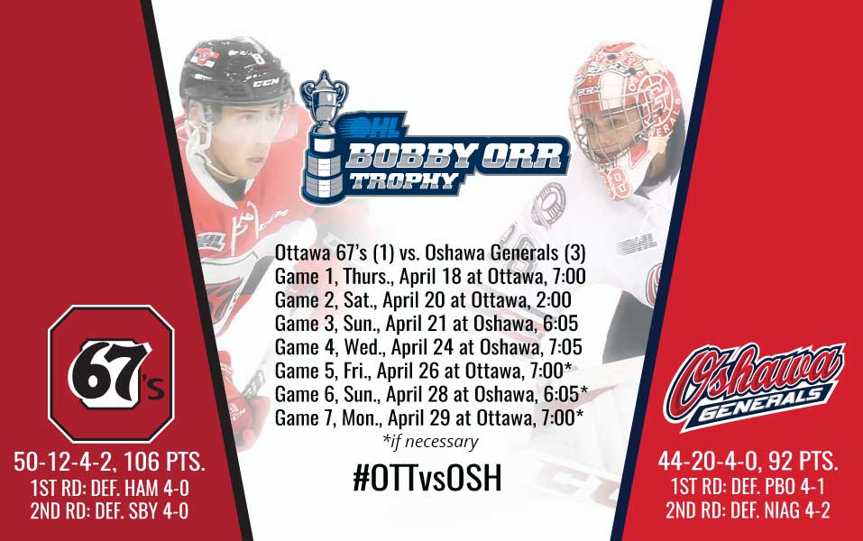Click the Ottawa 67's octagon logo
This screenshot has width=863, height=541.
pos(111,373)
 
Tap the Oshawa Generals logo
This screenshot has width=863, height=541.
pos(754,385)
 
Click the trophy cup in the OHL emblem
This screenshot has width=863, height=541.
pos(324,137)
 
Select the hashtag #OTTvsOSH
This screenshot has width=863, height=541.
pos(427,478)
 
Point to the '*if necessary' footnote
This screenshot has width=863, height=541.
pos(430,442)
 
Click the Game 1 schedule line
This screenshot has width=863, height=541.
pos(430,276)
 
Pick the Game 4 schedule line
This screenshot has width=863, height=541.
pos(428,347)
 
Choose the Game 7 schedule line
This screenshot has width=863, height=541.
pos(428,418)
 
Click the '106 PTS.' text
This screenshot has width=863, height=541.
pos(164,462)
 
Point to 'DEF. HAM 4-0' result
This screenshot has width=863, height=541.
pos(142,488)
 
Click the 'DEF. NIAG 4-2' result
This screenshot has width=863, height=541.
pos(779,510)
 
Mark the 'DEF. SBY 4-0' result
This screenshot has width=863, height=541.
pos(142,511)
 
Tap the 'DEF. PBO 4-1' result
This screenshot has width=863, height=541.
pos(776,487)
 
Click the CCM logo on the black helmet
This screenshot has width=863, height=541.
pos(266,83)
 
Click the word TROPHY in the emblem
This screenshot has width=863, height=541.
pos(404,181)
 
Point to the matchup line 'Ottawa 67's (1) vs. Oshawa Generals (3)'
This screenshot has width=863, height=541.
pos(430,252)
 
